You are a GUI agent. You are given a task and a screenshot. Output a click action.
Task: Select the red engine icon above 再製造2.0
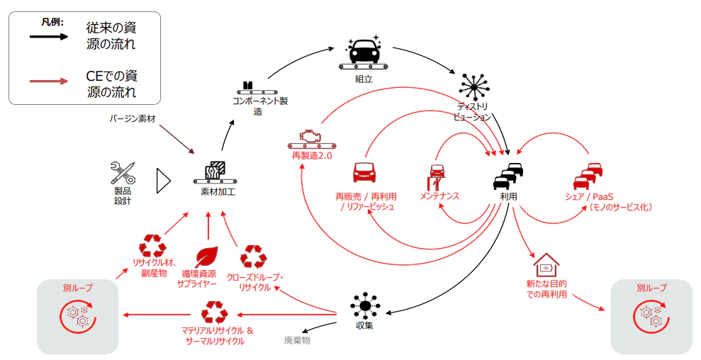pos(311,137)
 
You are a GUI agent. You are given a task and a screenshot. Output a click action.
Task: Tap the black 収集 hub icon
pos(364,306)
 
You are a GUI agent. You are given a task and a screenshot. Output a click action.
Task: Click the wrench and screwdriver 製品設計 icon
pos(122,173)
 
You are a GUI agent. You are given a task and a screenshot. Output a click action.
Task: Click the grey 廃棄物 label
pos(297,340)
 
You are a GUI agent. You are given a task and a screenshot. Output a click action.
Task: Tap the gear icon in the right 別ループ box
pos(651,315)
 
